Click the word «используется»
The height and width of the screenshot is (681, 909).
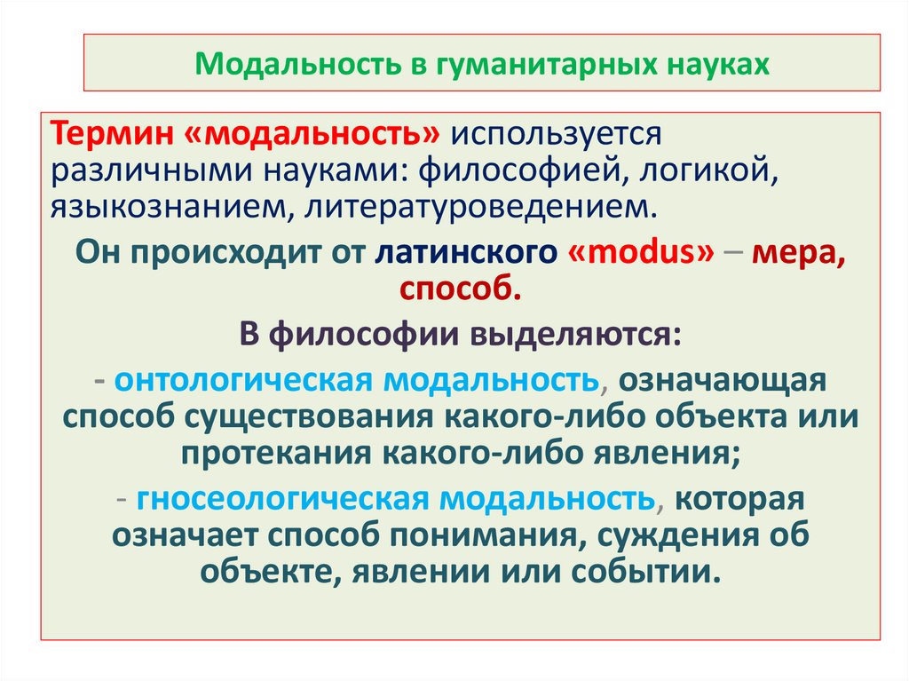[x=556, y=135]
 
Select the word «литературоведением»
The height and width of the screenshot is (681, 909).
[x=483, y=208]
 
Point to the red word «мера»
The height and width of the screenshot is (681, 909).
[x=797, y=252]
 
